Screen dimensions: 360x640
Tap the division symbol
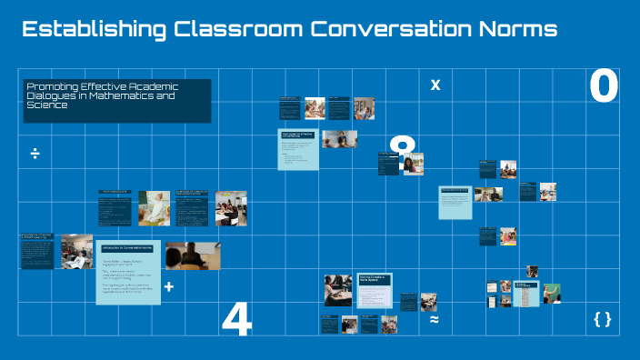35,154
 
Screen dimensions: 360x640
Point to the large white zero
604,87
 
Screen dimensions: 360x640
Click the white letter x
435,85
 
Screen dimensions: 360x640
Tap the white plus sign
168,287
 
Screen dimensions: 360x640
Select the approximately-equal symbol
435,320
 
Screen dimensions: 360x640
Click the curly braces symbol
602,318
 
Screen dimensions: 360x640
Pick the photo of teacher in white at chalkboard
154,208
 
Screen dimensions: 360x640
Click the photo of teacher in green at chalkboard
551,293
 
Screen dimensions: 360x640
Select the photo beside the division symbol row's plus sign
193,255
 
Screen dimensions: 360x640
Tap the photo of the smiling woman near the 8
413,164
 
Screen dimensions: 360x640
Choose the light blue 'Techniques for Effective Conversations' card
298,148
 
